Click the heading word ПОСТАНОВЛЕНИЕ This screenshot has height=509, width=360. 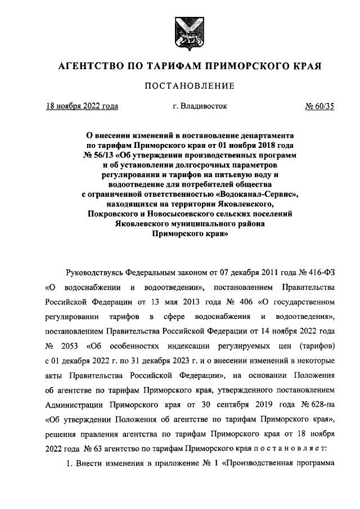point(190,86)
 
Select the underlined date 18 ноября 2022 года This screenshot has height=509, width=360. point(82,106)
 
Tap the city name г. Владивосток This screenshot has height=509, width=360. point(200,106)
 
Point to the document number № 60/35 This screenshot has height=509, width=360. point(319,106)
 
